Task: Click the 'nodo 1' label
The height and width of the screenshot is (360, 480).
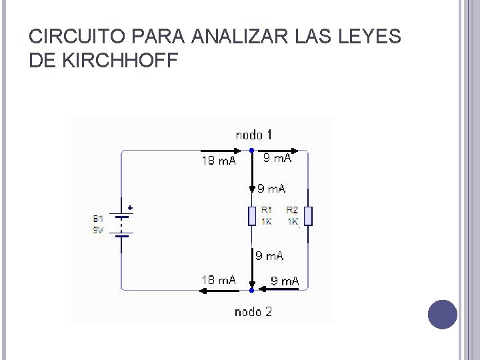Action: click(x=253, y=135)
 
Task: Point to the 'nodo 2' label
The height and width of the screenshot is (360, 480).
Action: click(x=253, y=311)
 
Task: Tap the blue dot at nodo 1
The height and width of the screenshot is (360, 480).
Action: click(x=252, y=151)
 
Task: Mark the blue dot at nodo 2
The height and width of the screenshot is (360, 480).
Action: click(x=252, y=290)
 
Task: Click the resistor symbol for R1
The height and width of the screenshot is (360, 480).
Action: click(x=252, y=217)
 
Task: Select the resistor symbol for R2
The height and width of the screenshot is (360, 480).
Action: click(x=307, y=217)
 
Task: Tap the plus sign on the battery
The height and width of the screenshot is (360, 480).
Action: click(x=130, y=208)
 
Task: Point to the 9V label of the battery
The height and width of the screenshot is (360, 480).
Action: click(x=98, y=229)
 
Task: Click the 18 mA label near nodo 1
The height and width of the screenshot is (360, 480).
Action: click(x=218, y=161)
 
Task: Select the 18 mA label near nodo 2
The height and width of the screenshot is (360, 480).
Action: click(x=218, y=280)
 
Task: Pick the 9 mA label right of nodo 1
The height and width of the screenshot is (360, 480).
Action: click(x=277, y=159)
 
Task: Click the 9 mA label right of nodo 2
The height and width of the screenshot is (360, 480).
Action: click(x=285, y=281)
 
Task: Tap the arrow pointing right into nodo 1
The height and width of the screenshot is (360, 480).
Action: click(x=223, y=151)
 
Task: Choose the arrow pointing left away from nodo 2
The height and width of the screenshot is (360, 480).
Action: click(x=220, y=290)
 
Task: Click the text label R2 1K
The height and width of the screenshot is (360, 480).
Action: click(x=293, y=216)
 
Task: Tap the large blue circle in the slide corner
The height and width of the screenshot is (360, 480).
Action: click(x=442, y=314)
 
